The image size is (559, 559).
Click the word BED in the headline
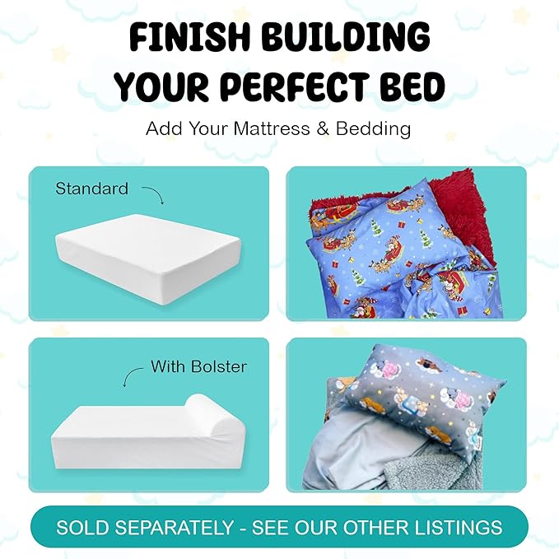410,86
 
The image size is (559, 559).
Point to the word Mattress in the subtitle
271,129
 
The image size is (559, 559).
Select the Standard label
91,189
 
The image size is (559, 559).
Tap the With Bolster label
198,366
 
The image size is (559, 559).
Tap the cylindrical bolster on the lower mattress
206,412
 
